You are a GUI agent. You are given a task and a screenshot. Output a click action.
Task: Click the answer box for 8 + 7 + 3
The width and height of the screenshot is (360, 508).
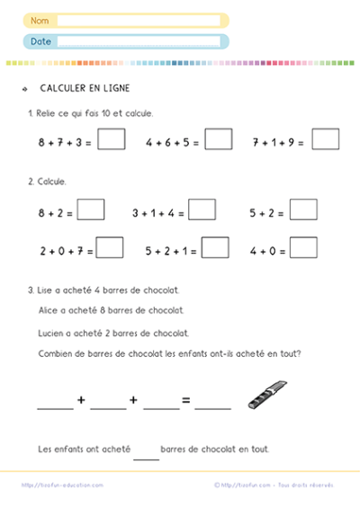click(112, 139)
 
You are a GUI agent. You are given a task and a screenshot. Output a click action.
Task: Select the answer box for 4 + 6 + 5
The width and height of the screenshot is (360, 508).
click(219, 139)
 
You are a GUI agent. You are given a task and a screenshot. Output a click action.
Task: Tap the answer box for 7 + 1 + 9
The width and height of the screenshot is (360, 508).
click(326, 139)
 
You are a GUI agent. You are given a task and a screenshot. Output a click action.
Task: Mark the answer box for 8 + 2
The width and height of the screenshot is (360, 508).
click(91, 209)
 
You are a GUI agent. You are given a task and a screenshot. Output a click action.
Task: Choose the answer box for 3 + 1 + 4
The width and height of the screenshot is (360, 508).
click(202, 209)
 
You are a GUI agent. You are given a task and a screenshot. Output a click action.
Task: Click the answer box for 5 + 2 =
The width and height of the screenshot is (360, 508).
click(303, 209)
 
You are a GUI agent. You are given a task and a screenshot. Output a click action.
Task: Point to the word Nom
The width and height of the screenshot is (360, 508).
click(40, 20)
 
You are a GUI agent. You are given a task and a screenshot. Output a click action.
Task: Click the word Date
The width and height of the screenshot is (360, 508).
click(40, 41)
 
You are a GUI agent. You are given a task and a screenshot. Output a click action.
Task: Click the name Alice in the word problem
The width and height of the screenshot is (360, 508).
click(48, 310)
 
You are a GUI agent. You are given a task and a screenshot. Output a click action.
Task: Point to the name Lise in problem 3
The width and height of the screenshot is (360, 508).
click(46, 290)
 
